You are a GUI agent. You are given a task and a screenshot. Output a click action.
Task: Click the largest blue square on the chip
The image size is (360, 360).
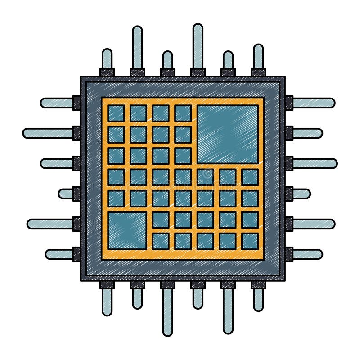[x=227, y=134]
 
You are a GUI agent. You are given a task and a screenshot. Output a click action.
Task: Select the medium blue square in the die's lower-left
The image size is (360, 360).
[x=127, y=230]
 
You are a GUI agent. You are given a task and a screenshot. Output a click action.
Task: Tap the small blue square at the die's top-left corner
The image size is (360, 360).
[x=116, y=113]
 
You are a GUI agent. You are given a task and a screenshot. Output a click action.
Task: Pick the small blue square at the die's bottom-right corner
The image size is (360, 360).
[x=250, y=241]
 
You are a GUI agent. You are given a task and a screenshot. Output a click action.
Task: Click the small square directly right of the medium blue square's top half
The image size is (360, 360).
[x=161, y=220]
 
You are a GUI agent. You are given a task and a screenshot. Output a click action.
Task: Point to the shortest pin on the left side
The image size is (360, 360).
[x=66, y=193]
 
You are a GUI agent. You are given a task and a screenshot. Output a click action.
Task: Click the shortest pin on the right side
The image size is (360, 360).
[x=301, y=193]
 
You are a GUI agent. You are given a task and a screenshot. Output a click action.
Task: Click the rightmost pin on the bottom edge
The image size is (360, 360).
[x=258, y=300]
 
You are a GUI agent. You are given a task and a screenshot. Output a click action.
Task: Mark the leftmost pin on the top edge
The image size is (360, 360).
[x=107, y=58]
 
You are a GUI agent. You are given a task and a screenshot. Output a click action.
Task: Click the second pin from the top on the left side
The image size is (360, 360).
[x=48, y=133]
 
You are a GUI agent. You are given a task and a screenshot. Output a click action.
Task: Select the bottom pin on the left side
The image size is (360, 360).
[x=59, y=254]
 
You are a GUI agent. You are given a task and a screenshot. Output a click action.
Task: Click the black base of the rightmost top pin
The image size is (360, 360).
[x=258, y=72]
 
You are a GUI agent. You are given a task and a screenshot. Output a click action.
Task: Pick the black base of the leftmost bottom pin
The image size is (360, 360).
[x=107, y=285]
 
